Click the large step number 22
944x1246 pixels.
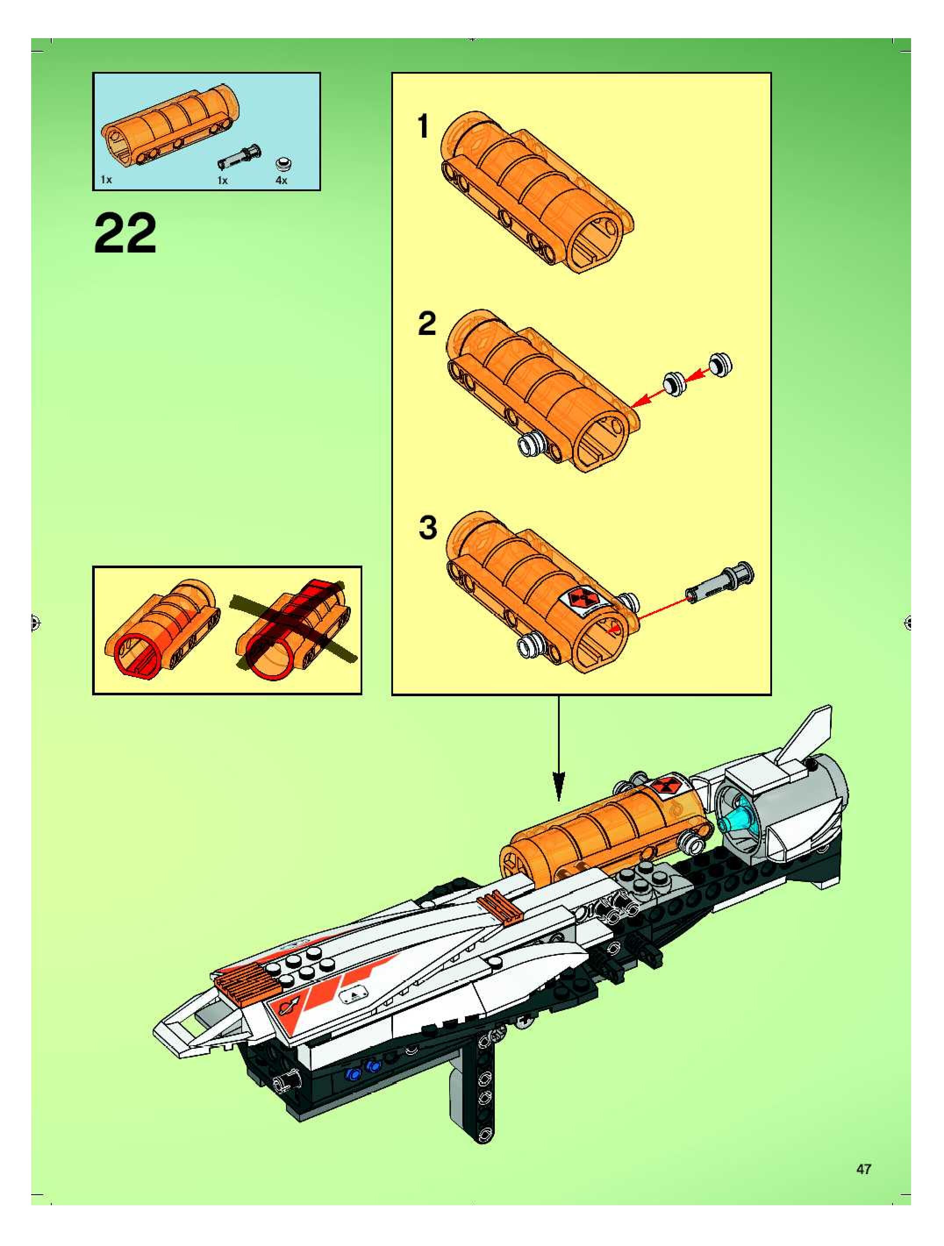point(125,233)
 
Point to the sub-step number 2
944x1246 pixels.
point(427,324)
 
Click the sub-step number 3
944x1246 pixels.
point(428,528)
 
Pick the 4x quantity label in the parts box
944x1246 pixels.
point(281,180)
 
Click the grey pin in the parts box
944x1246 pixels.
point(239,156)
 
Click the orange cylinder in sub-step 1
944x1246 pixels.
point(536,192)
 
